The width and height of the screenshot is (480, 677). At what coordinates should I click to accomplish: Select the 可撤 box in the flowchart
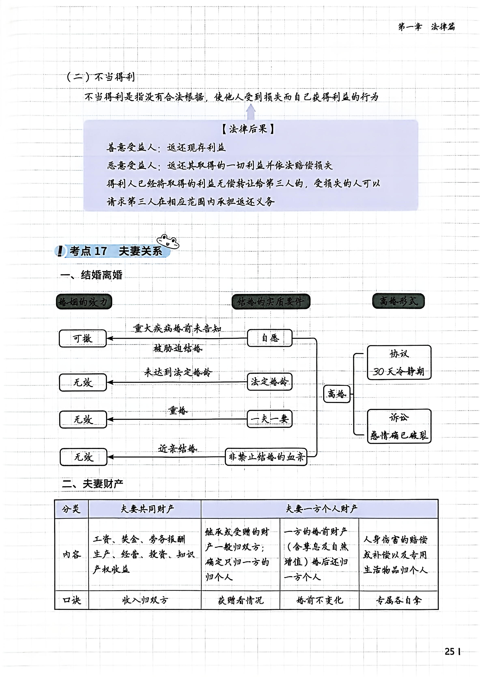point(83,338)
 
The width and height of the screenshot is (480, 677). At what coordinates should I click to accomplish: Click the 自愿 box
point(270,338)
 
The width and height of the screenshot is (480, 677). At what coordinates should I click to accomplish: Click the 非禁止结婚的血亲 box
point(266,457)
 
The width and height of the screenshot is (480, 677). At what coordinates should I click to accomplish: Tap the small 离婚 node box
point(337,394)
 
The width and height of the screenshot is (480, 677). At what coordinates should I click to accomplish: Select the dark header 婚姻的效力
point(84,302)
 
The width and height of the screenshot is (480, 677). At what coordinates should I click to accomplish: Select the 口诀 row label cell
point(72,600)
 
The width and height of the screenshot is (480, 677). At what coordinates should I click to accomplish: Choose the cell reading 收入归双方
point(145,600)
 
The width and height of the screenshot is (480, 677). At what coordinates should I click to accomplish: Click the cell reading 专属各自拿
point(398,600)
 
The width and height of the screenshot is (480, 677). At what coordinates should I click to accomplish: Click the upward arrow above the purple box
point(251,112)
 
